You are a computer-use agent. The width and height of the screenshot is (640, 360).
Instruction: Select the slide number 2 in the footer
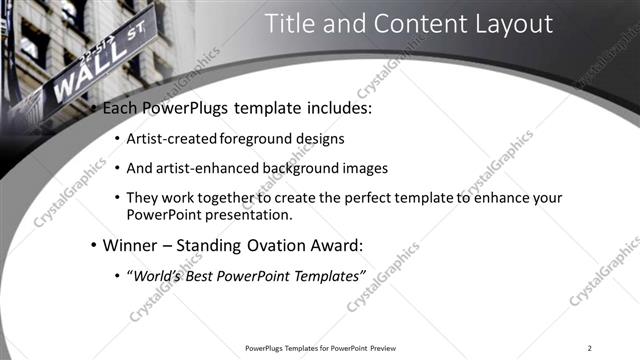pyautogui.click(x=590, y=348)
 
